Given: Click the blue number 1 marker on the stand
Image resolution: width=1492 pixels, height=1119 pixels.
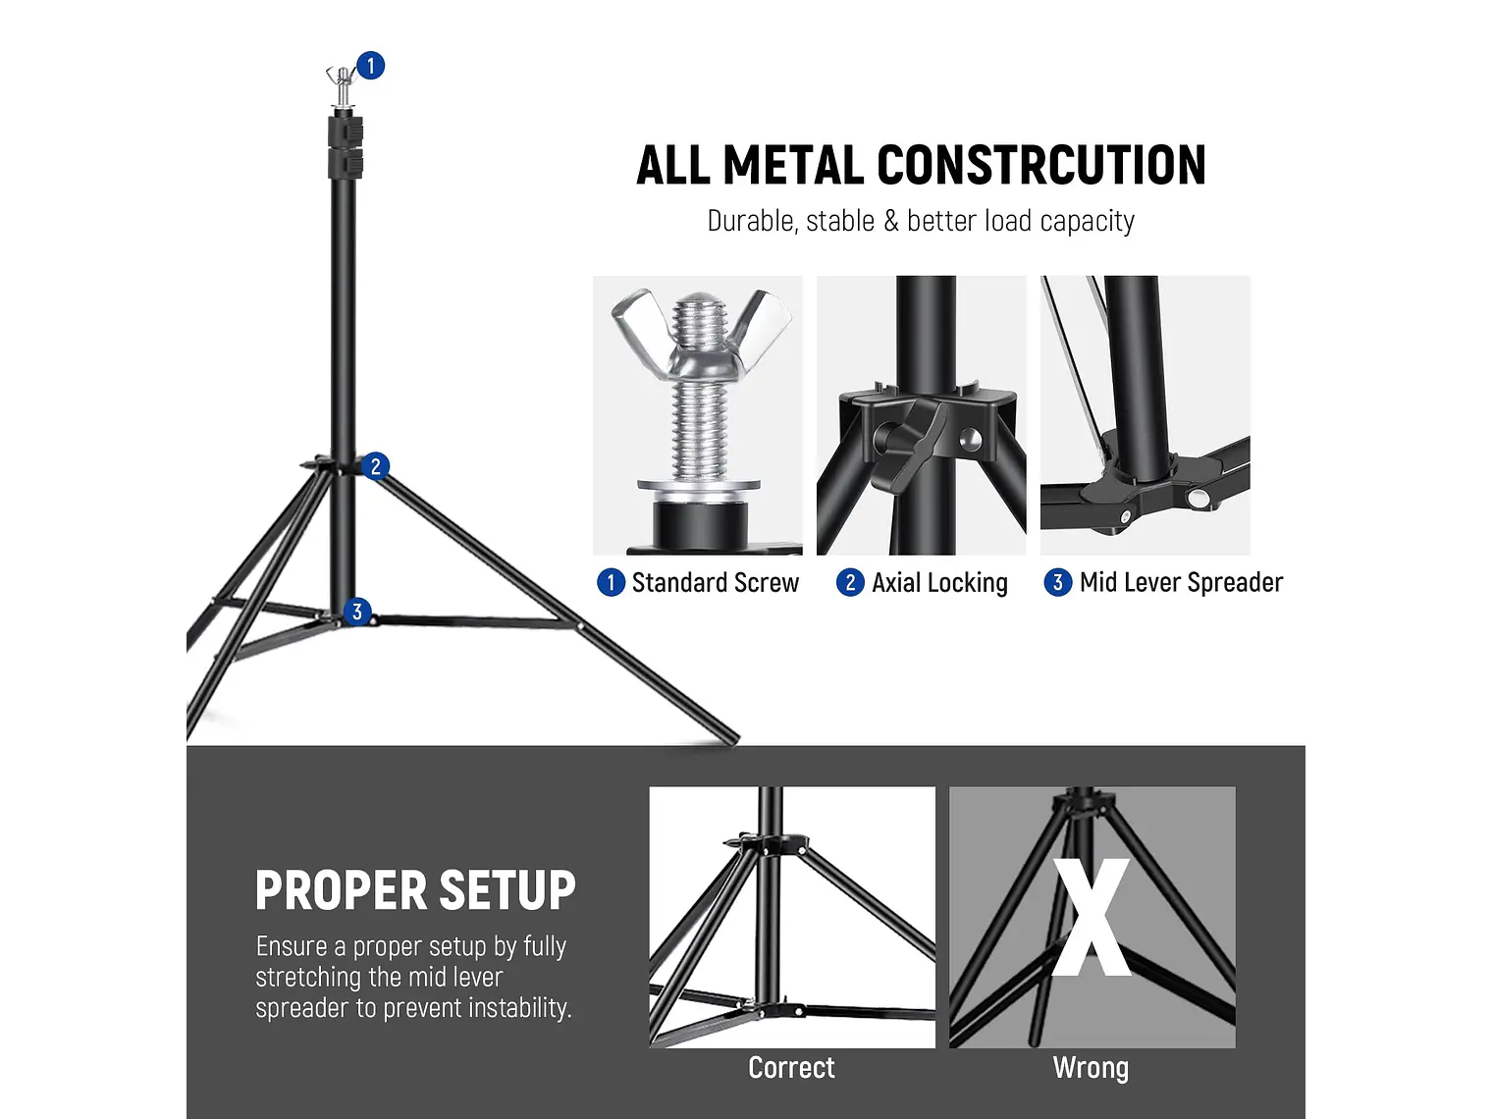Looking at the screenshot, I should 370,66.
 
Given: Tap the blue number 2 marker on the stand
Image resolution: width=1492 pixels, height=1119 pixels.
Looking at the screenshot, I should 375,466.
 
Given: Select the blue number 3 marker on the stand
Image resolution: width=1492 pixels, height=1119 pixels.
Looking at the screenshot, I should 357,612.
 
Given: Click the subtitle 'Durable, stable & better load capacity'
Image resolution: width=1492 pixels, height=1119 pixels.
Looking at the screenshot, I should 921,221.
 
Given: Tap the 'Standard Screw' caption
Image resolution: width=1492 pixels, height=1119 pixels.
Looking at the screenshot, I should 715,583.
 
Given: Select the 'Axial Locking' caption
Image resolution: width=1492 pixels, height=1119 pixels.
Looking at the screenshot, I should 939,583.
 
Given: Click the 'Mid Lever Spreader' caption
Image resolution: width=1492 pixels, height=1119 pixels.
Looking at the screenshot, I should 1181,583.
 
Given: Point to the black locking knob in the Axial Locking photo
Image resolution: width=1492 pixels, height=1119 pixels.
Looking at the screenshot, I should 903,442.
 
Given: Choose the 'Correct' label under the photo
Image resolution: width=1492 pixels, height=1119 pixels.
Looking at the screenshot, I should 791,1068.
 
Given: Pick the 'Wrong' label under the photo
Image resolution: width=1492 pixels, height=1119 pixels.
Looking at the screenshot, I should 1091,1068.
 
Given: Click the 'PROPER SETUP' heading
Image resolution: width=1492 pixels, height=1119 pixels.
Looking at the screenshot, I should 415,891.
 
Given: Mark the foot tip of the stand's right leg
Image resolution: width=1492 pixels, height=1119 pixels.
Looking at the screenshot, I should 731,736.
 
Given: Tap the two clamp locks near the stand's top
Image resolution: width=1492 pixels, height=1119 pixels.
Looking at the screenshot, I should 345,145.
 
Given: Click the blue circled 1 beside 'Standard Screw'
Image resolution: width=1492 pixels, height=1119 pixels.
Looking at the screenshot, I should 611,583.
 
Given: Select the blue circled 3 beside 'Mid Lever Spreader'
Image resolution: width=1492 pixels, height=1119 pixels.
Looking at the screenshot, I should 1057,583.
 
